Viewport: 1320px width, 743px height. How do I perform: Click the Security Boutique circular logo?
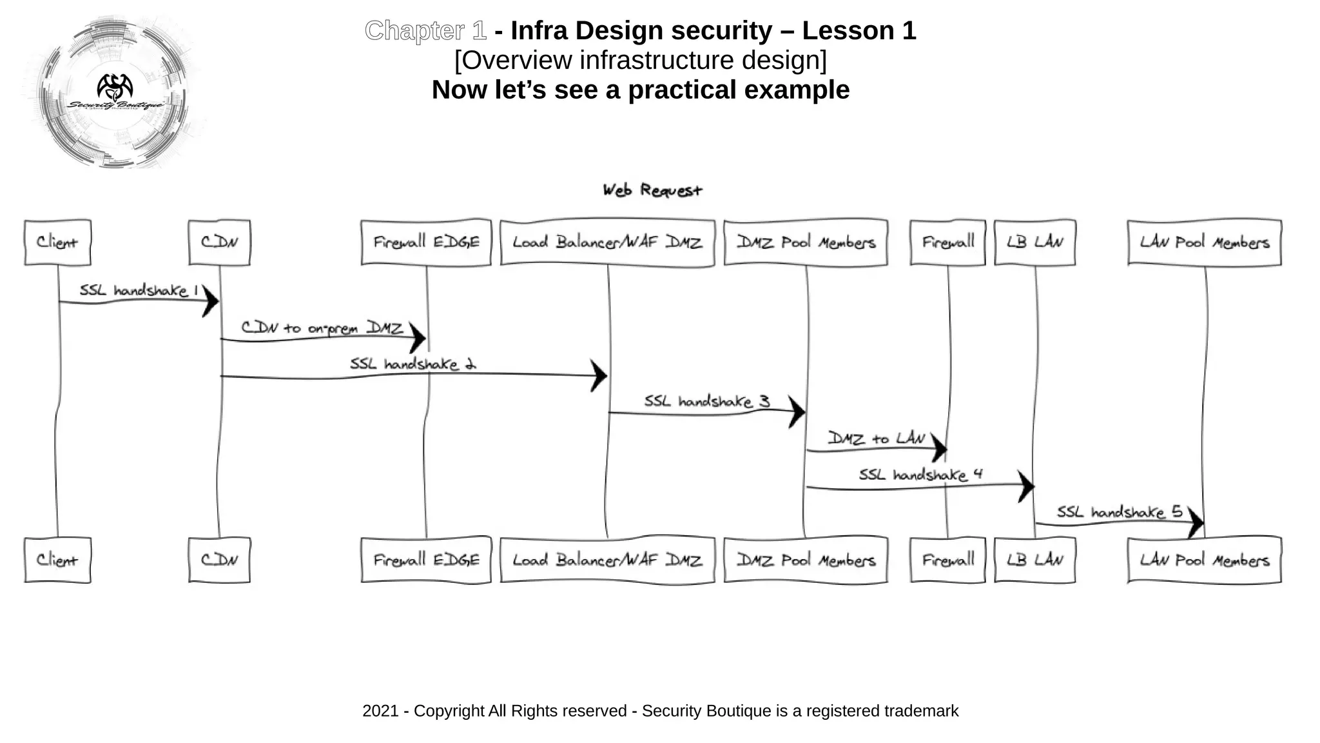click(115, 92)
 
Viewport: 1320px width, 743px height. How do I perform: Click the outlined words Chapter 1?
click(425, 30)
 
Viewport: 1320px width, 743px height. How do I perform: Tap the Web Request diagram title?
click(652, 190)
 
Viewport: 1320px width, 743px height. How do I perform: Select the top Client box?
click(57, 243)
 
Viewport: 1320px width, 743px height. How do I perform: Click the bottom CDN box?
click(219, 560)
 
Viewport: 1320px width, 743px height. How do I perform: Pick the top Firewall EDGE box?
click(426, 243)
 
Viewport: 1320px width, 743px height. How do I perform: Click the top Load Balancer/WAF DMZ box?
click(607, 243)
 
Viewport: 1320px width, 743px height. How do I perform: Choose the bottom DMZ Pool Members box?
click(806, 560)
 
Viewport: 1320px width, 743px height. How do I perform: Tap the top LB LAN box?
click(1034, 243)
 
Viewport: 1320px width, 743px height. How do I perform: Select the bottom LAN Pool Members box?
click(1204, 560)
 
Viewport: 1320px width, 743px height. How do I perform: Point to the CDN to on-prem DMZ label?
click(322, 328)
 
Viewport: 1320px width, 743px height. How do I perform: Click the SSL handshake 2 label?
click(412, 364)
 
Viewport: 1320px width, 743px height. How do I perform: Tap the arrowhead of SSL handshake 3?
click(797, 411)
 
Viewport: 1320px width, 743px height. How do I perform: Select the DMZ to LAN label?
click(877, 439)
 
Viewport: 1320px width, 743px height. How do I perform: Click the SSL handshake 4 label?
click(920, 475)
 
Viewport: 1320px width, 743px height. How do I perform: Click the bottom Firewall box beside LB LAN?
click(947, 560)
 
